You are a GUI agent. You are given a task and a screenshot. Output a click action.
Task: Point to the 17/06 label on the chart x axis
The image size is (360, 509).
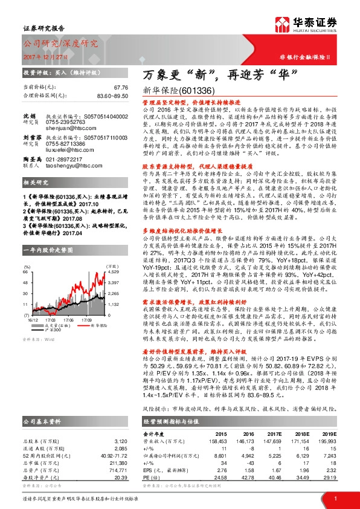68,319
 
